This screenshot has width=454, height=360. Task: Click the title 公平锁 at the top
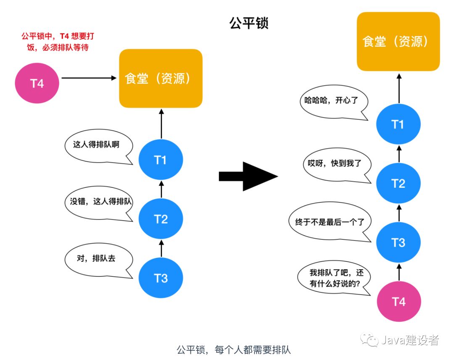tap(248, 23)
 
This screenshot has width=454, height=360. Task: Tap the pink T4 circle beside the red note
tap(37, 83)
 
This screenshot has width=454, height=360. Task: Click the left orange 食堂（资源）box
tap(161, 79)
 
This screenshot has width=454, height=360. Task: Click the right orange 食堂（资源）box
tap(398, 42)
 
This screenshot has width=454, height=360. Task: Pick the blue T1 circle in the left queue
tap(161, 160)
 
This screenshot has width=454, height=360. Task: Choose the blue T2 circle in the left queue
tap(161, 219)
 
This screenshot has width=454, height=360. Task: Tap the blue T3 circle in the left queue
tap(161, 278)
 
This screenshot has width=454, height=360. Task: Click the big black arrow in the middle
tap(248, 176)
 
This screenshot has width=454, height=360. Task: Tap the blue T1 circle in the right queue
tap(398, 124)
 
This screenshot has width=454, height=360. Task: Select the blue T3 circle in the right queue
tap(398, 242)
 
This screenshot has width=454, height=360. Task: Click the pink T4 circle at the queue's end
tap(398, 301)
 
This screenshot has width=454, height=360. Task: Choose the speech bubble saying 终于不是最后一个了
tap(330, 222)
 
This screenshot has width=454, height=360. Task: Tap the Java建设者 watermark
tap(401, 340)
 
